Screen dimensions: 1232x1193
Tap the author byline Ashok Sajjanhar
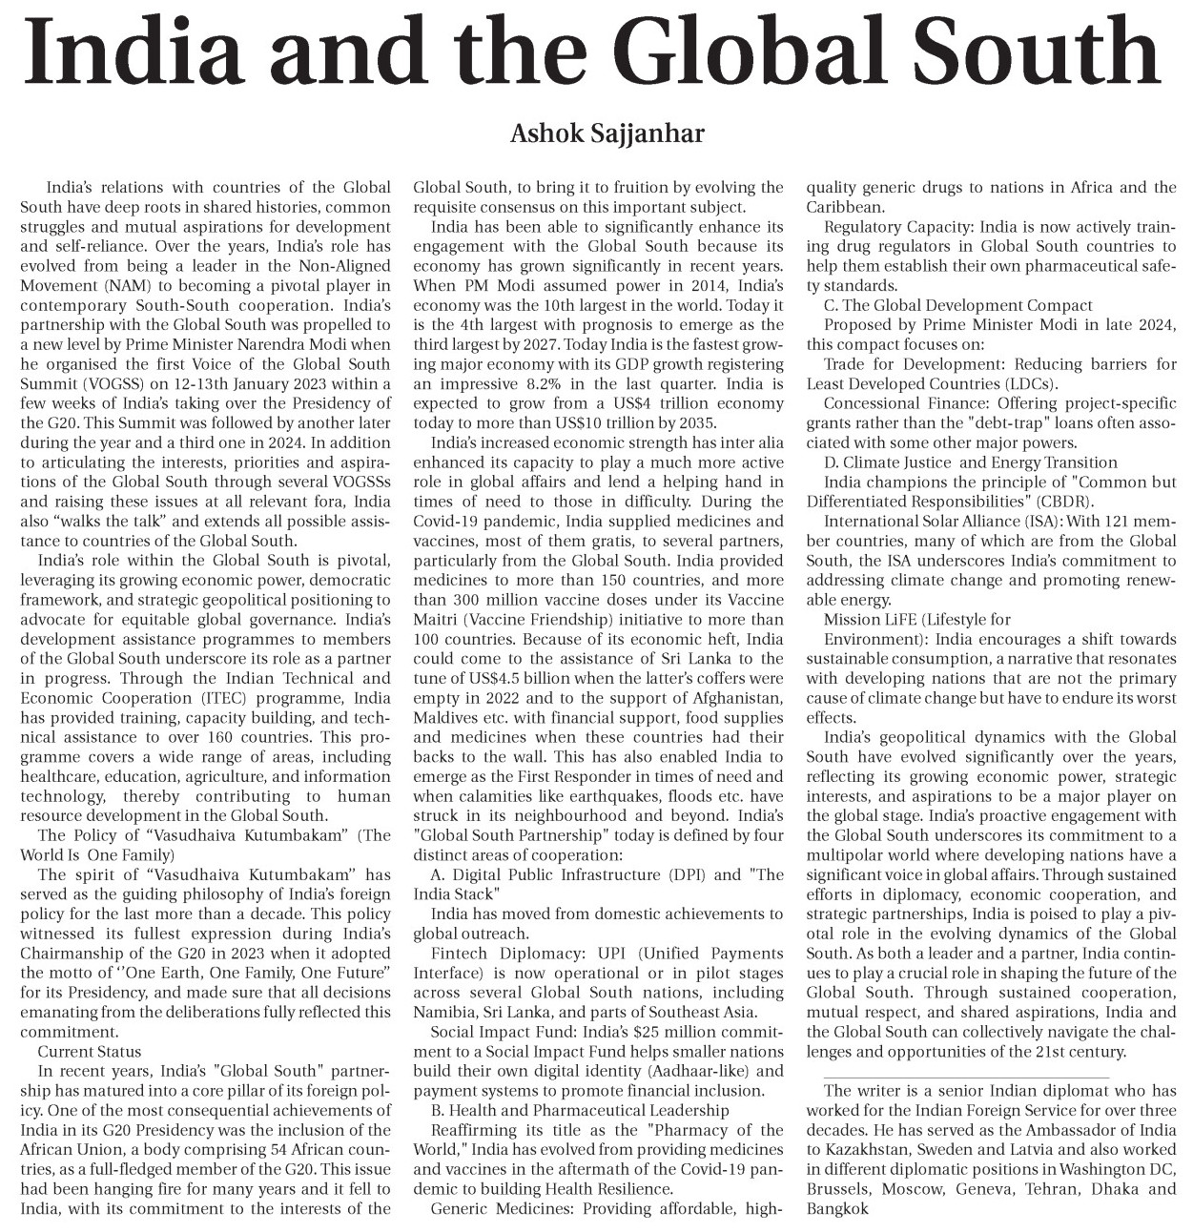pos(607,133)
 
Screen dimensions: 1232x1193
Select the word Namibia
pos(442,993)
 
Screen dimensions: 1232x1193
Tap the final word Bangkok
pos(837,1209)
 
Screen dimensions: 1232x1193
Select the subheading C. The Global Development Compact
pos(957,305)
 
